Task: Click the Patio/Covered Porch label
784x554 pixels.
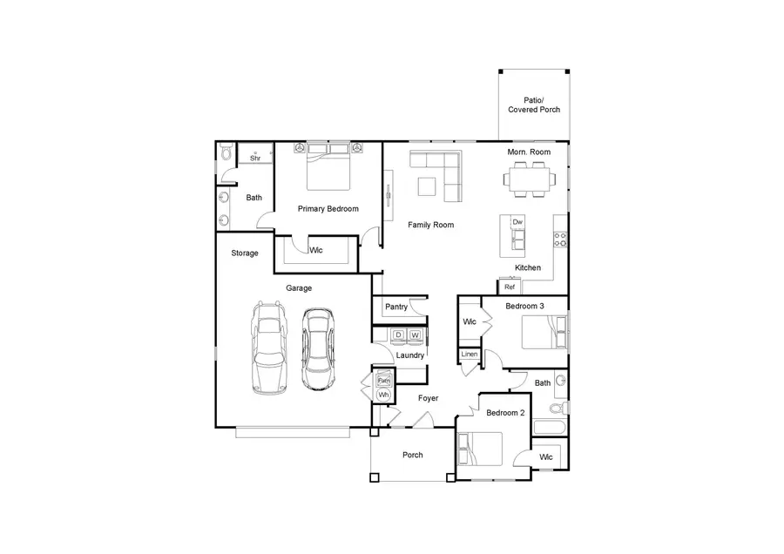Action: click(x=533, y=105)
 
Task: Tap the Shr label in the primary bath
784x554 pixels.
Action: click(x=255, y=158)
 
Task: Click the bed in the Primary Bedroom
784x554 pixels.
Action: click(x=328, y=166)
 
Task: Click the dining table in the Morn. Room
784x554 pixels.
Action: click(x=529, y=180)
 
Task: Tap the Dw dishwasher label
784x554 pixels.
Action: click(x=517, y=222)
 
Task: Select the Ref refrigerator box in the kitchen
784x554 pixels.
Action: click(x=510, y=287)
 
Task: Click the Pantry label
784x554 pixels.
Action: click(x=396, y=307)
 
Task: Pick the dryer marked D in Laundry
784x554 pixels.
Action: click(x=398, y=335)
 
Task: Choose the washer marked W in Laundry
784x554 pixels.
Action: click(x=416, y=335)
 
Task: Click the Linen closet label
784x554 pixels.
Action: click(x=469, y=355)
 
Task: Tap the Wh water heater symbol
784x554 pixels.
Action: click(x=382, y=395)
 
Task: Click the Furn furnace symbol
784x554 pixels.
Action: click(x=382, y=380)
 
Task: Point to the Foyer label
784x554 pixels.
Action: click(x=427, y=398)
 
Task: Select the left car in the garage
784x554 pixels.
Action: click(x=269, y=347)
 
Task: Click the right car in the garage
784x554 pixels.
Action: click(x=318, y=348)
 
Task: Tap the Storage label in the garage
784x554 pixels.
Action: click(x=245, y=253)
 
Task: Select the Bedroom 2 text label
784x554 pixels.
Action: click(x=505, y=413)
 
